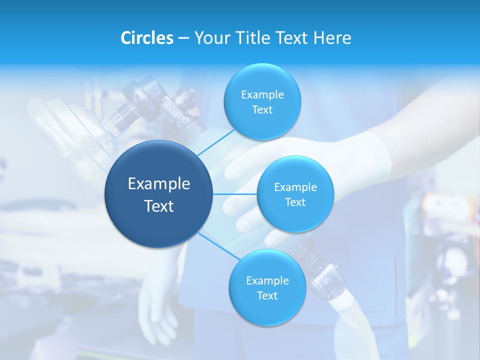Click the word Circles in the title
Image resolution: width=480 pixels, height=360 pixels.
point(147,38)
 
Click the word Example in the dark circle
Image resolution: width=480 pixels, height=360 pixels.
point(159,184)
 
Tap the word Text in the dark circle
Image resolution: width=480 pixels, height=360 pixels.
point(159,206)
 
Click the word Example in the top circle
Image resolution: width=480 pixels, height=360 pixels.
point(262,95)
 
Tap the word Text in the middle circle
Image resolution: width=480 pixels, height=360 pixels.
point(295,202)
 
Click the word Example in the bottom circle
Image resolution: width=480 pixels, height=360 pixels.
point(267,281)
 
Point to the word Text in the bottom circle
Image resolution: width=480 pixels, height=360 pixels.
point(267,296)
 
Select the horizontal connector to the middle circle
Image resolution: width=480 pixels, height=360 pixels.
point(235,194)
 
